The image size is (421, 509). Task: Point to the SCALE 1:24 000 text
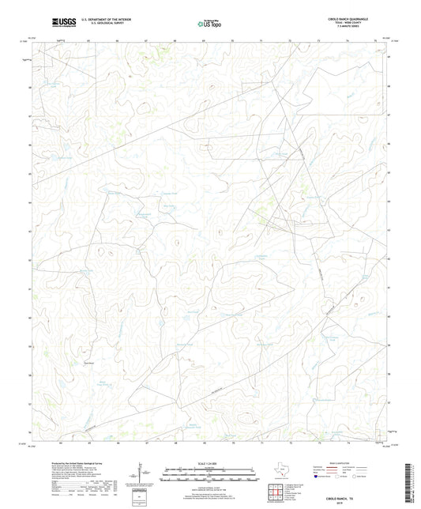[210, 462]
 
